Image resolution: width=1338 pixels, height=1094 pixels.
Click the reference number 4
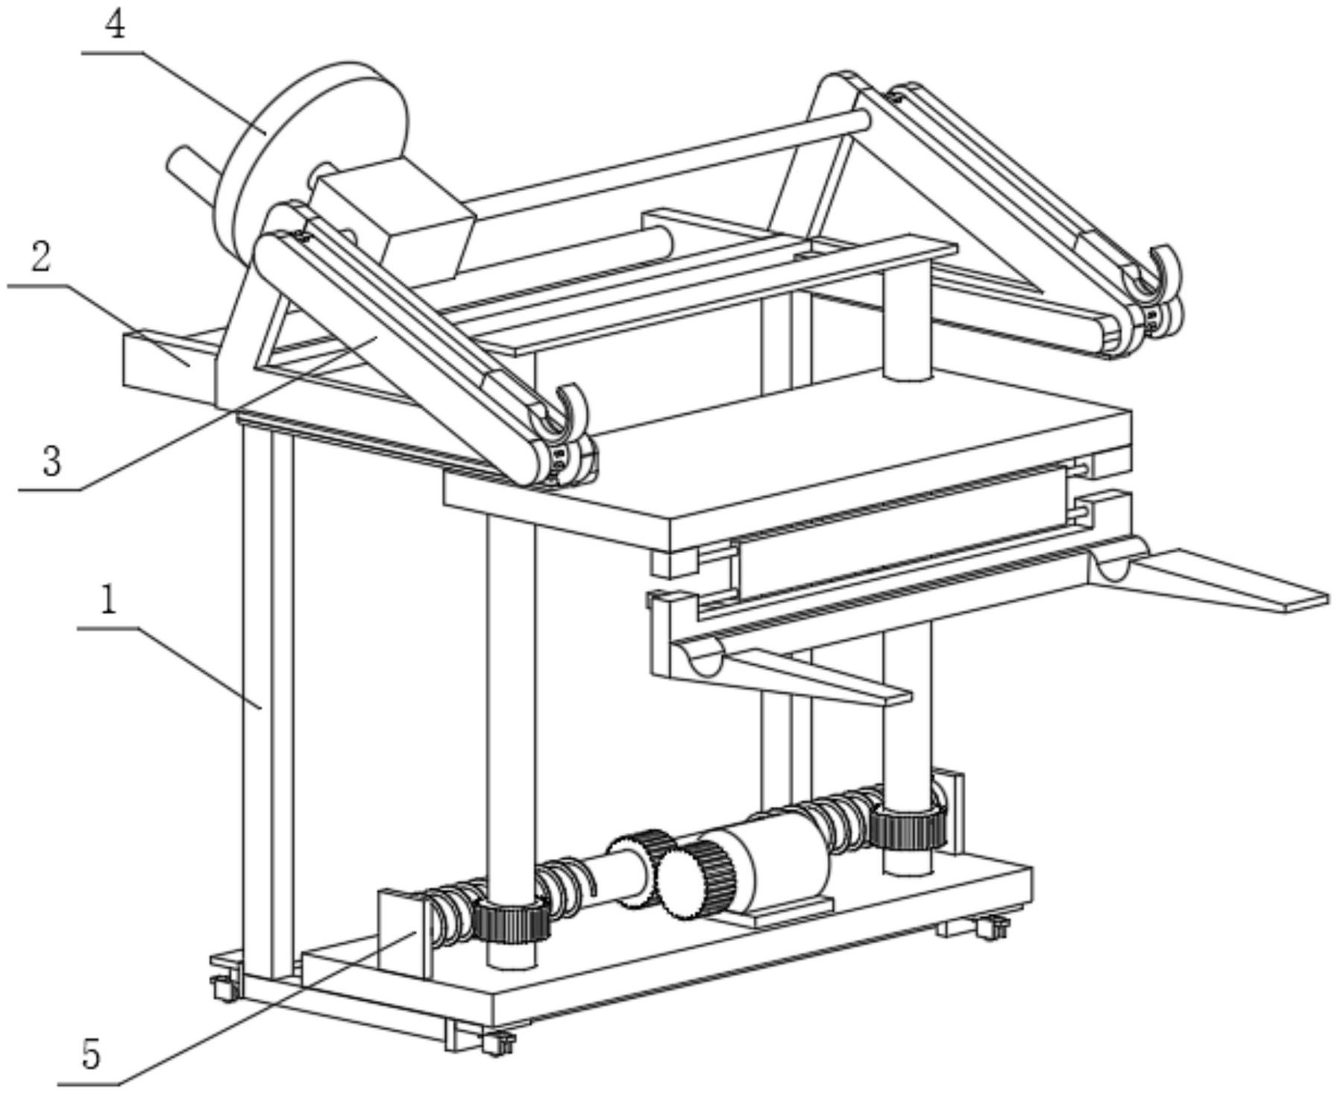[x=115, y=25]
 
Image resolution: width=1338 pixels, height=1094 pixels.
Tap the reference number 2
[x=40, y=257]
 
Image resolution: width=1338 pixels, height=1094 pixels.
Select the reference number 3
[x=51, y=461]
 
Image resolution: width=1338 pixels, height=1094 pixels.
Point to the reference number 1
[x=109, y=601]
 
